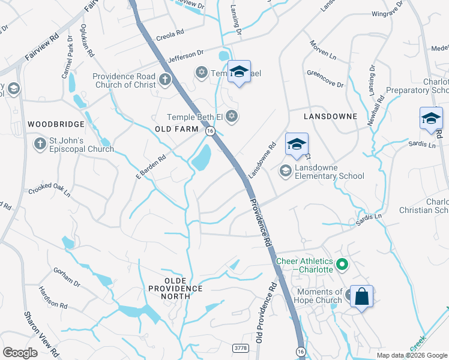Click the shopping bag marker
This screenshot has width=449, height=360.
click(x=361, y=296)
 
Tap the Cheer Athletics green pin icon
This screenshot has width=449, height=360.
click(x=342, y=264)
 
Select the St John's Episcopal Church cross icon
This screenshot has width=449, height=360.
click(x=40, y=145)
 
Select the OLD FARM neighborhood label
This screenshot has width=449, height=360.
click(x=176, y=130)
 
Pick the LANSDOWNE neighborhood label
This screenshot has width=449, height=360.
click(x=330, y=116)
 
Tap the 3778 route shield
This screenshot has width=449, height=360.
click(x=240, y=347)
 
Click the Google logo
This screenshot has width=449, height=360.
click(x=20, y=352)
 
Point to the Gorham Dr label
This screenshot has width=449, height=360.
click(x=67, y=277)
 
